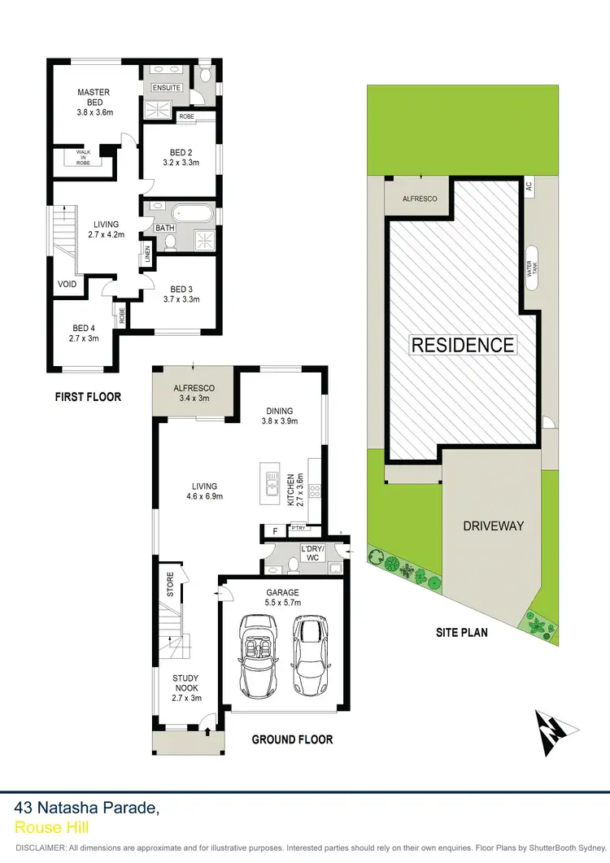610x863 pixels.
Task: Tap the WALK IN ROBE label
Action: pos(84,157)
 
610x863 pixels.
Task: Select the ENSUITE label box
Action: pos(166,87)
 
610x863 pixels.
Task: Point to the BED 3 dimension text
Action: pos(181,299)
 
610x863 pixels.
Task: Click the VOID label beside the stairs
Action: pos(67,285)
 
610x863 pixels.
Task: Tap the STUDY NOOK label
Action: pos(185,687)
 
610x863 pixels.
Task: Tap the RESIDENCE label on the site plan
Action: pos(462,344)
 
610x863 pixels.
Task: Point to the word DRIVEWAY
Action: pos(493,525)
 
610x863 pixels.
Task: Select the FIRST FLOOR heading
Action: pos(88,397)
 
